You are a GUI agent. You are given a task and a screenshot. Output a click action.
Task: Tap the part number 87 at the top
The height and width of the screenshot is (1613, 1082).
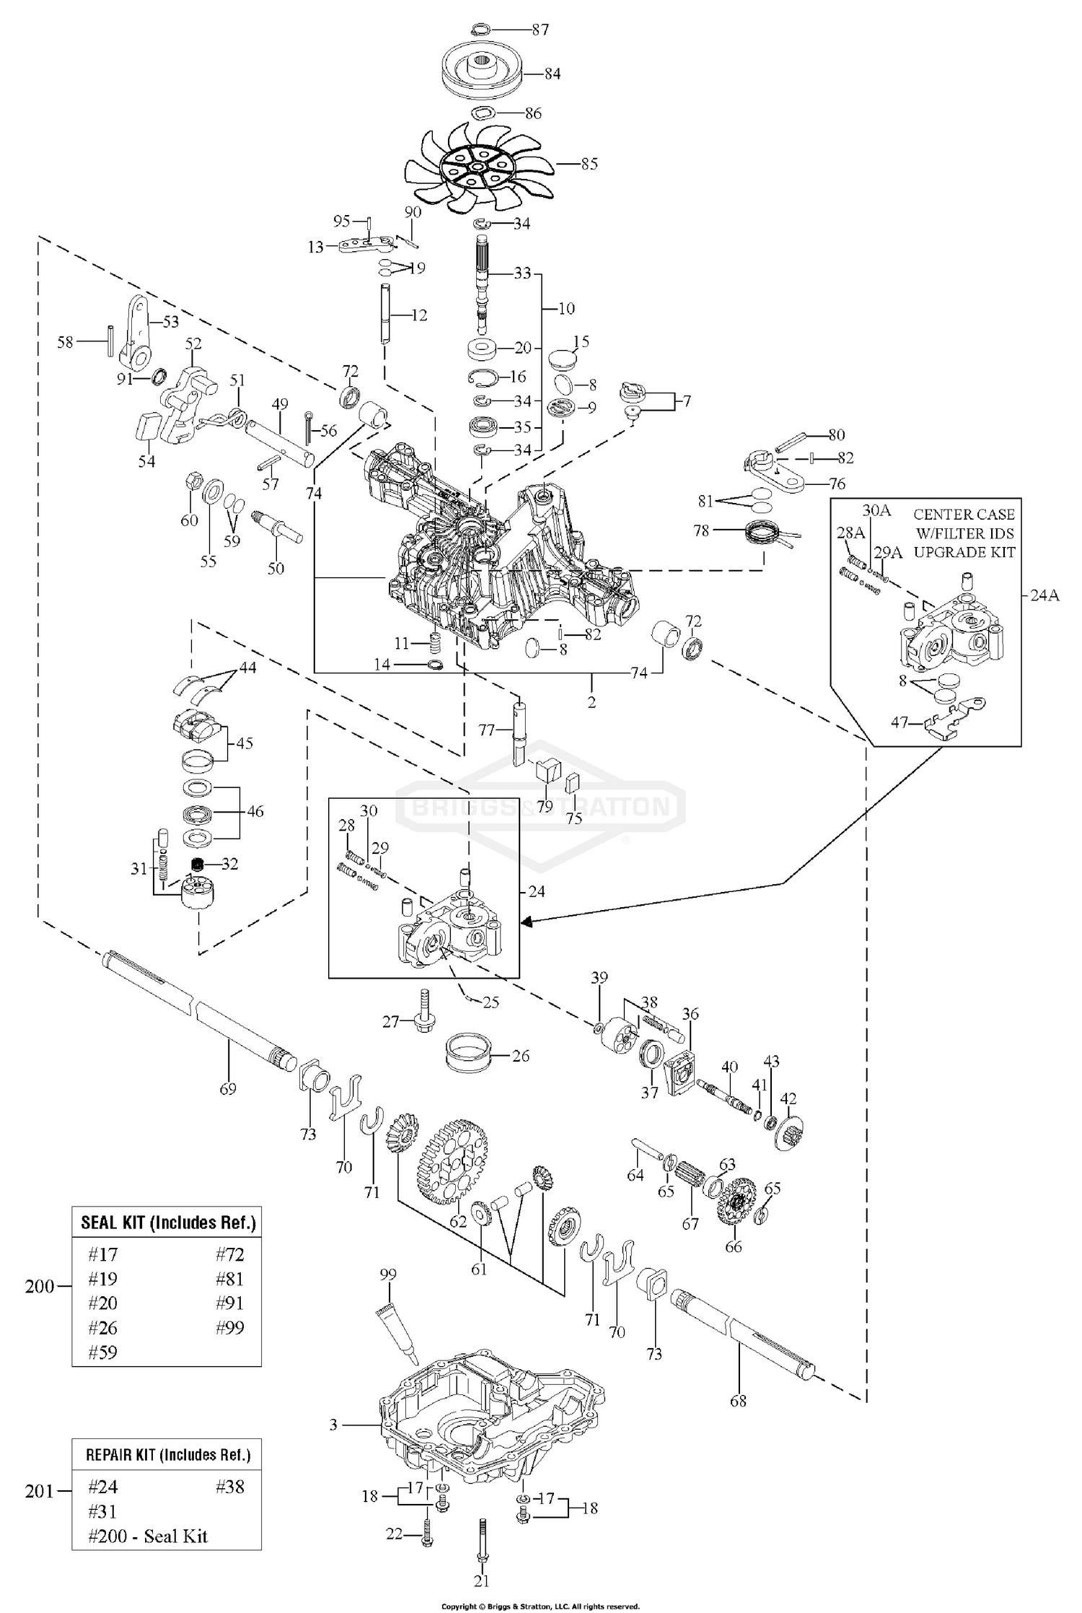540,30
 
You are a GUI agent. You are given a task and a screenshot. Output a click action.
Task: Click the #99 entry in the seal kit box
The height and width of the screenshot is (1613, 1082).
230,1327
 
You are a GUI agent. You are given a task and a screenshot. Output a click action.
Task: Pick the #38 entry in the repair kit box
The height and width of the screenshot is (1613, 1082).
230,1486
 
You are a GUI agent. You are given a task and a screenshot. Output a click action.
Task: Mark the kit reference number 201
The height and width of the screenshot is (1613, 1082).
39,1490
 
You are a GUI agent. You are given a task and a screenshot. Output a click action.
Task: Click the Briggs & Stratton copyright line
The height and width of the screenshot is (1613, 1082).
540,1607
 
